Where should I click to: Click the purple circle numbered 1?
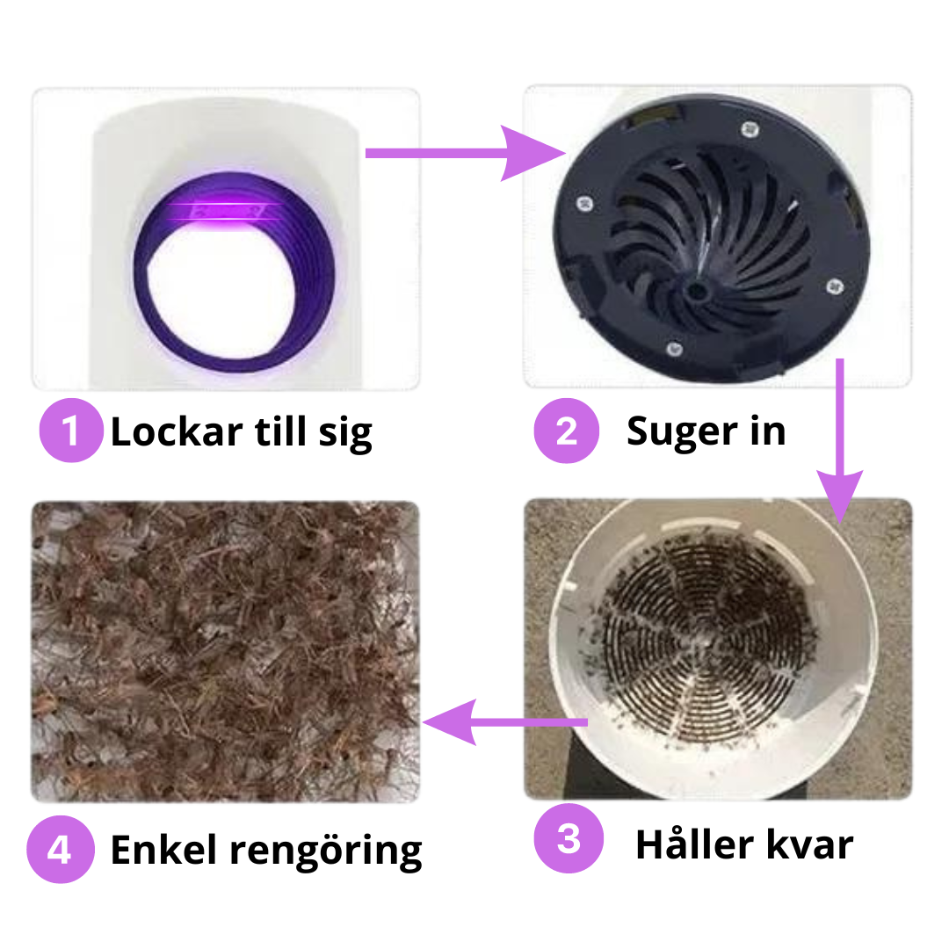point(71,431)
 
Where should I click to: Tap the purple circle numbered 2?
point(567,431)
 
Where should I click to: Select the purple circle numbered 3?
point(569,838)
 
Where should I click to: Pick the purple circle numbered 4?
point(60,850)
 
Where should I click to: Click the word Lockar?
point(177,431)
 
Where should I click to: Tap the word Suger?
point(683,433)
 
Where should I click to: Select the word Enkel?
point(163,850)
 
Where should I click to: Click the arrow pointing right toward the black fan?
point(465,153)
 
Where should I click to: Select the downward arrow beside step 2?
point(840,440)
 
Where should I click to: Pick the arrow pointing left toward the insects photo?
point(505,722)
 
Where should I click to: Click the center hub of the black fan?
point(697,291)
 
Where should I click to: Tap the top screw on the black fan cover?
point(750,128)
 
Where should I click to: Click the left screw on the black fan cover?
point(584,203)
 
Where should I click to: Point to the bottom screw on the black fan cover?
point(674,349)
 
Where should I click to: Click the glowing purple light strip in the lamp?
point(225,211)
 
